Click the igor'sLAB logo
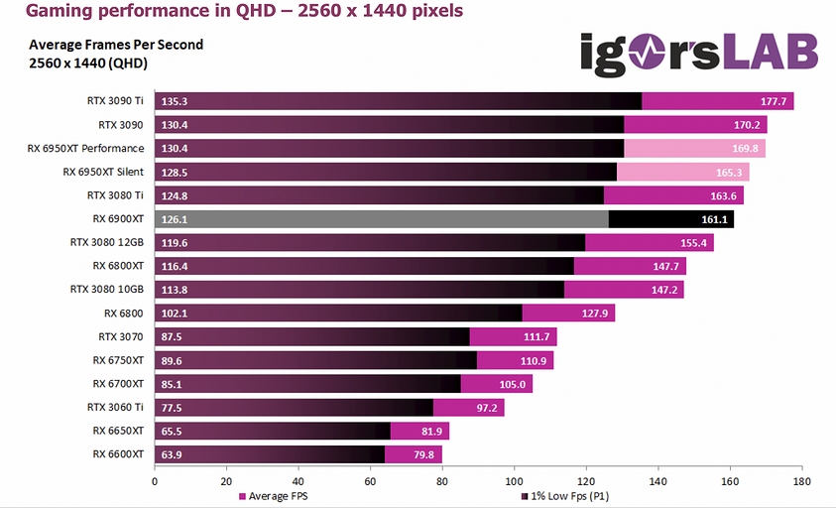(x=699, y=53)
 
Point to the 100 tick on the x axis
(x=514, y=481)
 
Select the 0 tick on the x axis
(x=155, y=481)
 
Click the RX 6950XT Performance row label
(x=85, y=148)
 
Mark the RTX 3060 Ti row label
(x=115, y=407)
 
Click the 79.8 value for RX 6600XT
(x=422, y=454)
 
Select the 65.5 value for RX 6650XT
(x=171, y=431)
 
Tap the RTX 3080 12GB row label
(x=106, y=242)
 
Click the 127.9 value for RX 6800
(x=595, y=313)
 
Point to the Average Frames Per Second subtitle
(x=116, y=45)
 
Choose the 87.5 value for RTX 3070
(x=171, y=336)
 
